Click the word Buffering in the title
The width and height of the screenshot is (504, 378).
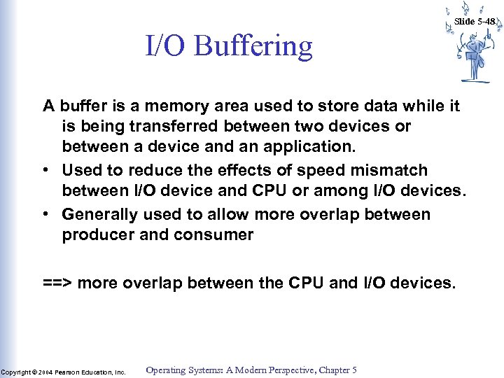pyautogui.click(x=253, y=47)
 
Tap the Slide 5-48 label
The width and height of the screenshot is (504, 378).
pyautogui.click(x=475, y=21)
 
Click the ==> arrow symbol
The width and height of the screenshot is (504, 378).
pyautogui.click(x=57, y=283)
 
